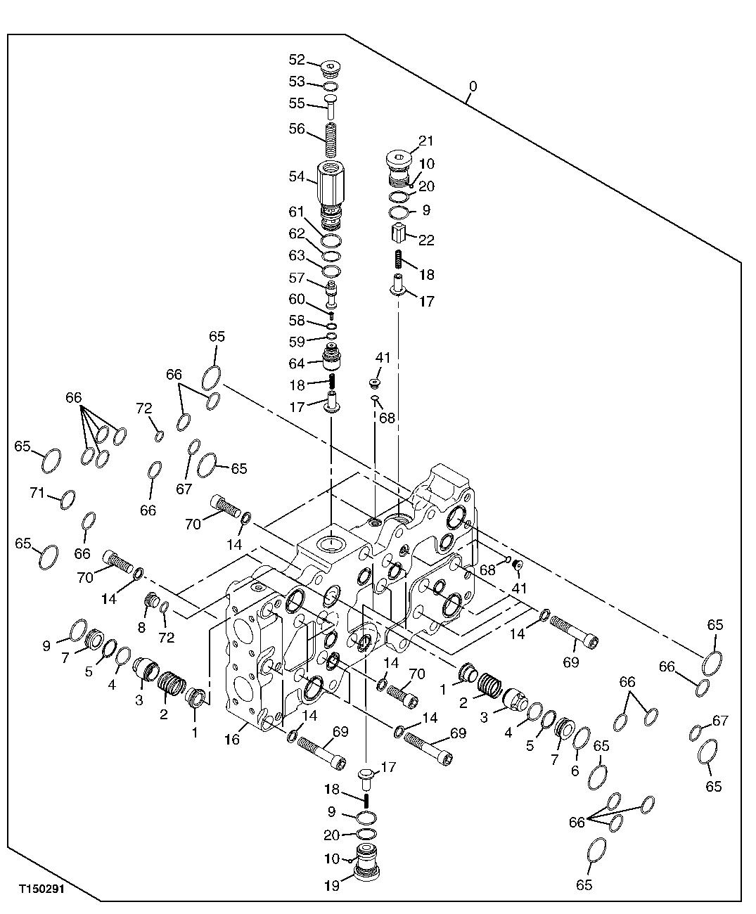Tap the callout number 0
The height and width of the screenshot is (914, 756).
pos(473,86)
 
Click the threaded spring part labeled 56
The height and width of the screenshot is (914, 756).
pos(331,140)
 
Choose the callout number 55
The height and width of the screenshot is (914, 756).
pos(297,103)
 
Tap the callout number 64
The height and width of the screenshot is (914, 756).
pos(297,363)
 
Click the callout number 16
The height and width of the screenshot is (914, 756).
pos(233,740)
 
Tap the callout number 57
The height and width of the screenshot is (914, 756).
pos(297,279)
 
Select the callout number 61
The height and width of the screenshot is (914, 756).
pos(297,212)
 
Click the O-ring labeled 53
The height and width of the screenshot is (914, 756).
pos(331,87)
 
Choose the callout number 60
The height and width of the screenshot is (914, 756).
pos(297,300)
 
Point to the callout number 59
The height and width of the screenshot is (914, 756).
pos(297,342)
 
